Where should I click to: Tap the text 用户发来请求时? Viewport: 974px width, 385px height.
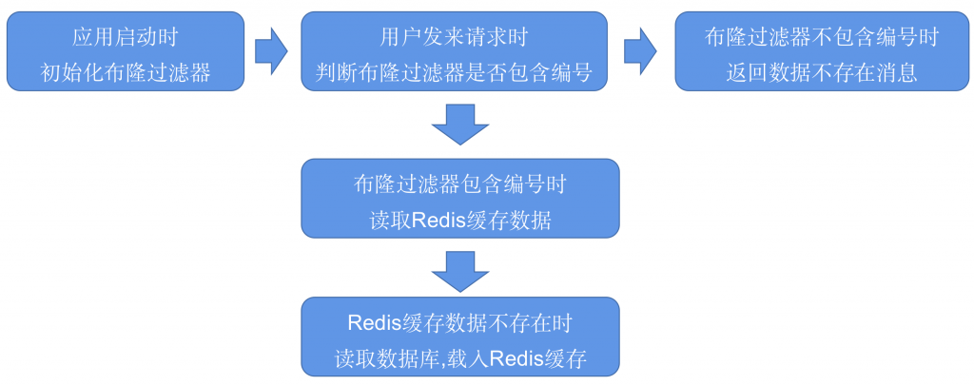point(454,37)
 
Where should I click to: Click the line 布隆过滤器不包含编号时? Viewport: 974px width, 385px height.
point(821,37)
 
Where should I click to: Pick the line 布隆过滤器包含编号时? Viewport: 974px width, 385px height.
point(459,184)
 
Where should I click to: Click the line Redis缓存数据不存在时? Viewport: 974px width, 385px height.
point(459,322)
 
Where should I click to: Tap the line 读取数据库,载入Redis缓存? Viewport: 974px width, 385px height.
point(459,358)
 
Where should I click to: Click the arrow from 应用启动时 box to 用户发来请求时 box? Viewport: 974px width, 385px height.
point(271,51)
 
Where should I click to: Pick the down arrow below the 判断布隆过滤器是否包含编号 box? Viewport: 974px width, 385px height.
point(459,125)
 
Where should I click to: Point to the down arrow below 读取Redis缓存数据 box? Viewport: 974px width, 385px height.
point(459,270)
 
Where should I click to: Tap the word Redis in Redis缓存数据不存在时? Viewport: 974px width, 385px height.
point(372,322)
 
